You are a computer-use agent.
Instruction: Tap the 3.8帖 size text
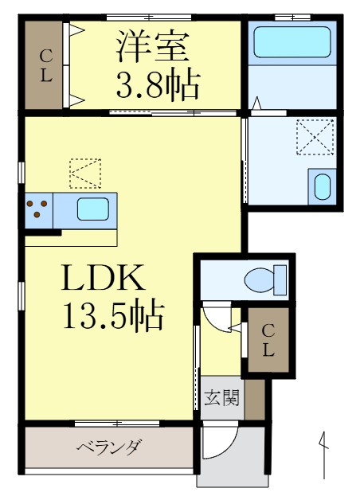(x=158, y=83)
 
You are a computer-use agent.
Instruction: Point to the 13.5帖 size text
(x=115, y=318)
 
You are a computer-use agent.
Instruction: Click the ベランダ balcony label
(x=109, y=447)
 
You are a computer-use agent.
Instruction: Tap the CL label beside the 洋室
(x=46, y=67)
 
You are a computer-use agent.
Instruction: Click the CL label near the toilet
(x=268, y=341)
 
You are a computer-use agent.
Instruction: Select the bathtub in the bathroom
(x=292, y=43)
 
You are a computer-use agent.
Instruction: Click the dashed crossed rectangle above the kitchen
(x=85, y=174)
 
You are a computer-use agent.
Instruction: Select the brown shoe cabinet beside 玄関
(x=254, y=399)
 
